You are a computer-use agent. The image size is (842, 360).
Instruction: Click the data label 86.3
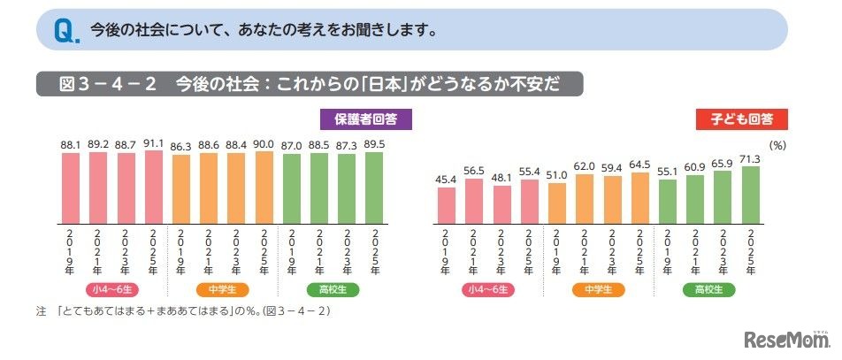click(181, 145)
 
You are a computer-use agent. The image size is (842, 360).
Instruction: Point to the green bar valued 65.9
click(723, 195)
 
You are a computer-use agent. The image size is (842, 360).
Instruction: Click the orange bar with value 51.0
click(557, 201)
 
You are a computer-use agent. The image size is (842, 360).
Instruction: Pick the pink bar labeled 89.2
click(98, 187)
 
